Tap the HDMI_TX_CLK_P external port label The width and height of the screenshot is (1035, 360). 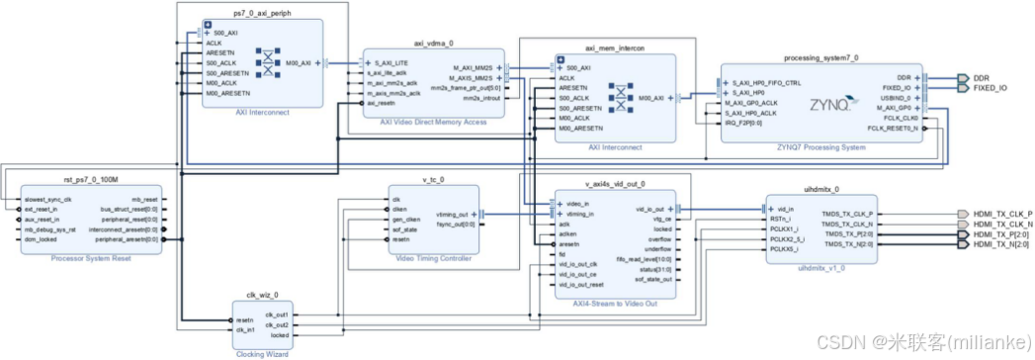[x=1001, y=214]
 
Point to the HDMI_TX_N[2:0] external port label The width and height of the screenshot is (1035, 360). [x=1001, y=243]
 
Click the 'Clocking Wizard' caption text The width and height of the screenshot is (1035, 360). [x=262, y=351]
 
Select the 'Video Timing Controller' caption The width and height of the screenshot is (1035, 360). [x=433, y=257]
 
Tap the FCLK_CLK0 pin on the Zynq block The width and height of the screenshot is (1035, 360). [x=897, y=118]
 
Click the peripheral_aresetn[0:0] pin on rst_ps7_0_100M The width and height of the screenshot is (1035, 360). [x=129, y=238]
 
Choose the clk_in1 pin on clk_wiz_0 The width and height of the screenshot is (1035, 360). [x=247, y=329]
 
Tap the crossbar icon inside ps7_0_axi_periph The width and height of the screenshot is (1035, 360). [x=269, y=63]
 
